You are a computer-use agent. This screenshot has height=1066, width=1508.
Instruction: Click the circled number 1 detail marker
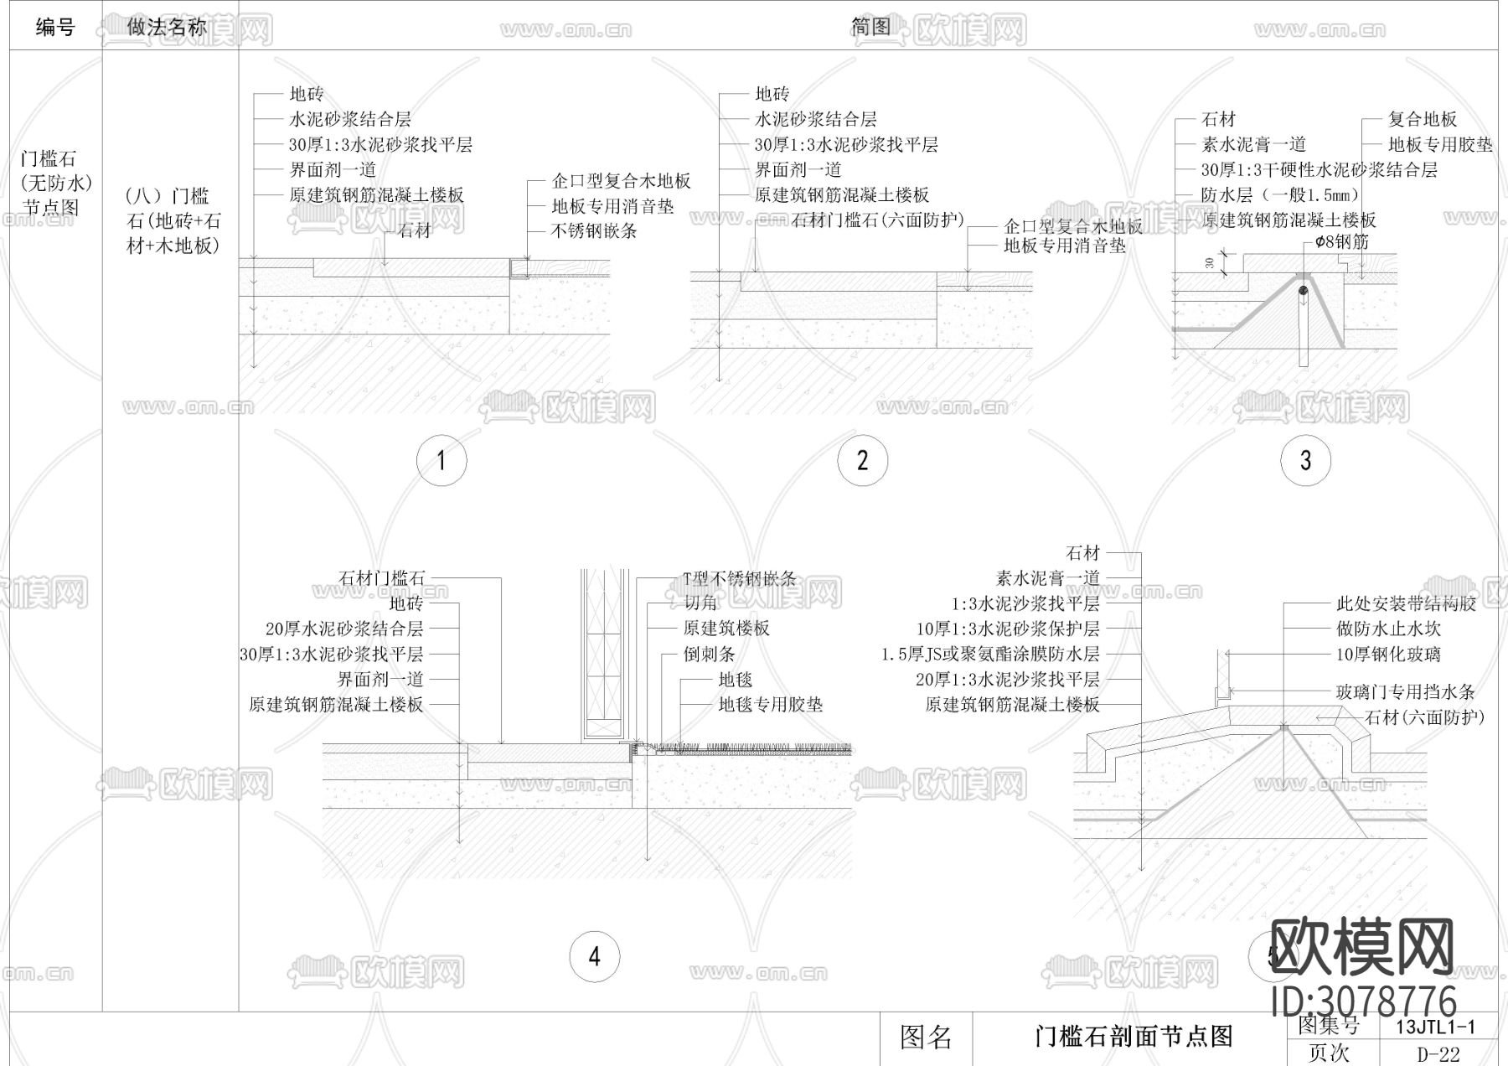442,460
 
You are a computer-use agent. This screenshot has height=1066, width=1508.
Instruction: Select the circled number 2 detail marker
862,460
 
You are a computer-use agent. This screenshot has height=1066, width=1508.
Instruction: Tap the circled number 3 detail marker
1305,460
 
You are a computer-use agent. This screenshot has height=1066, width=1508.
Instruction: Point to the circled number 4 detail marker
595,956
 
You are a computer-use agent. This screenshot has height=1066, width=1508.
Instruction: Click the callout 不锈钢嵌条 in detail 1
594,231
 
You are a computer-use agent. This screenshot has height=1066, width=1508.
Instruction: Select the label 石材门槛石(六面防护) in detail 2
877,220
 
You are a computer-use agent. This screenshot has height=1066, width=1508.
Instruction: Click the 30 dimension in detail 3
1210,262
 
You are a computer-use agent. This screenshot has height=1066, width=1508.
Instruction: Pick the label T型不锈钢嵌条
739,578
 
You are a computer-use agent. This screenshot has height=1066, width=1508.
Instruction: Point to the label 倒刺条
709,654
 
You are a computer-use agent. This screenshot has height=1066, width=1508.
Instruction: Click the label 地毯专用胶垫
770,705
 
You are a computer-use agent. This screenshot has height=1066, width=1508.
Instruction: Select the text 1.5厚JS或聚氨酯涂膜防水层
990,655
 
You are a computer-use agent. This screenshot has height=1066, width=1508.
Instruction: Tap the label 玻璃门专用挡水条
1405,692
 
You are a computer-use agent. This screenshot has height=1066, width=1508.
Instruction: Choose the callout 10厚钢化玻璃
1388,655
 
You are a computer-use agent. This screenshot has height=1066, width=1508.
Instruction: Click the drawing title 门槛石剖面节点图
1134,1038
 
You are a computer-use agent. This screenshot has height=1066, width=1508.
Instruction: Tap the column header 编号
55,28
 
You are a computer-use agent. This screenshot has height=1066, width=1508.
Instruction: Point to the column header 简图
871,28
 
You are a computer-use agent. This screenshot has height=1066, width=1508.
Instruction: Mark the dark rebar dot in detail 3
1304,292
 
